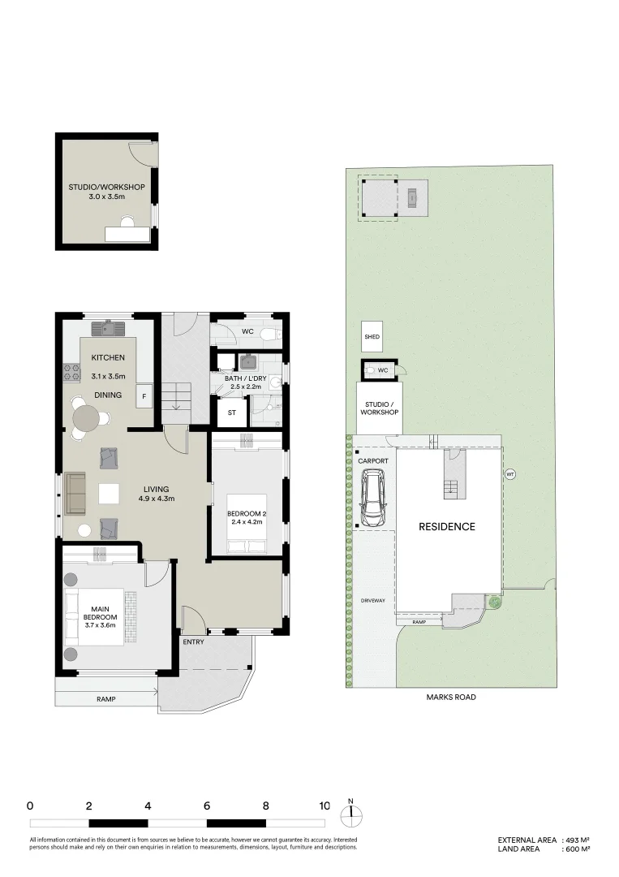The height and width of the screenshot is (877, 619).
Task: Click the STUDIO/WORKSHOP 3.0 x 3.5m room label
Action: coord(106,192)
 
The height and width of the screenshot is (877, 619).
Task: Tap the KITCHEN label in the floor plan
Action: coord(107,357)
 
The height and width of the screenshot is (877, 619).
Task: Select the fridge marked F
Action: coord(144,396)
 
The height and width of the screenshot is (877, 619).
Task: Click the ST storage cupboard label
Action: coord(231,413)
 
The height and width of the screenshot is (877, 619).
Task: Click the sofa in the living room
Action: coord(75,494)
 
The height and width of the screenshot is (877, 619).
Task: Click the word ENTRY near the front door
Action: coord(193,642)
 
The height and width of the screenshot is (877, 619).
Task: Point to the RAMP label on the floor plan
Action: coord(105,699)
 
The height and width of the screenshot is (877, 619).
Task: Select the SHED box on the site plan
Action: coord(372,337)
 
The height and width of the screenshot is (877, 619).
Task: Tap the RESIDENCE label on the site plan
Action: coord(446,527)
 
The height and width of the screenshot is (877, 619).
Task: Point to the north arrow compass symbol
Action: coord(351,814)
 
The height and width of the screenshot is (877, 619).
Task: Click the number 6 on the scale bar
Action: coord(208,806)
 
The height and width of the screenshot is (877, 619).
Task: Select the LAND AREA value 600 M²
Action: coord(578,849)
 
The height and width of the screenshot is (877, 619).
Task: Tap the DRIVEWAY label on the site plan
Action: coord(373,600)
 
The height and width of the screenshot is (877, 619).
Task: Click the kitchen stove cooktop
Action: coord(71,373)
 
